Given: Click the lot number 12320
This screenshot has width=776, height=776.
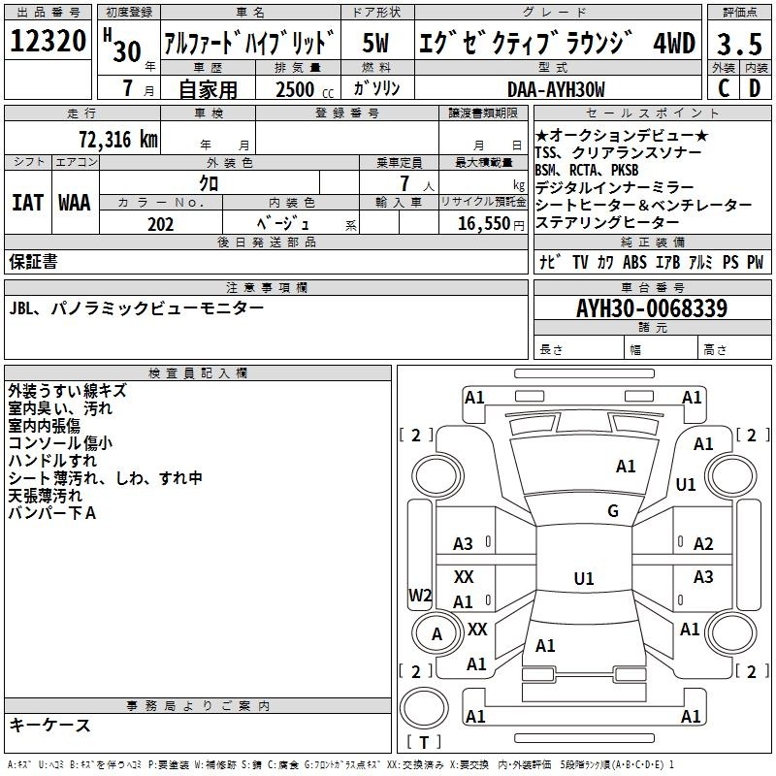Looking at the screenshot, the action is pos(48,41).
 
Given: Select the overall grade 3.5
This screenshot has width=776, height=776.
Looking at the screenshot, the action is pos(739,44).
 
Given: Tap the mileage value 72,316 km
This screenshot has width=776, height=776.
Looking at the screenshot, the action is pos(118,140).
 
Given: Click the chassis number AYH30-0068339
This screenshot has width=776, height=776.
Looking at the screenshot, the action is pos(652,308).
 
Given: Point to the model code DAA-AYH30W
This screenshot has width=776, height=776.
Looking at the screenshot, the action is pos(556,89).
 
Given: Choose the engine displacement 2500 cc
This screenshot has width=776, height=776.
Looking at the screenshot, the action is pos(305,89).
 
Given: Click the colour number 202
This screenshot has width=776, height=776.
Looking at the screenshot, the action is pos(160,224).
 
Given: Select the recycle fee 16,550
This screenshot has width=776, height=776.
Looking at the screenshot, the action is pos(484,224).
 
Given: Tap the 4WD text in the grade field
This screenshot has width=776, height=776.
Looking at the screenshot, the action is pos(674,43).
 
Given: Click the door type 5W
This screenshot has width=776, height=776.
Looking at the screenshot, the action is pos(375,43).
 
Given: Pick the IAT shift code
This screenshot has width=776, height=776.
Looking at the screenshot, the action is pos(28,203).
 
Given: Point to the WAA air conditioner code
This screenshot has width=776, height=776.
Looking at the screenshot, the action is pos(75,203).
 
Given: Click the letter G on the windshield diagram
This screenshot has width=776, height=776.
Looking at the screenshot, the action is pos(613,511).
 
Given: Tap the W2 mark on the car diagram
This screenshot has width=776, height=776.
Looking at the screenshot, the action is pos(420,595).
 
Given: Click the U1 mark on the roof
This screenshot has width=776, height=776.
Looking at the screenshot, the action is pos(584,578).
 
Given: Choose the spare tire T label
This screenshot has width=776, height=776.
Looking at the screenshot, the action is pos(424,742).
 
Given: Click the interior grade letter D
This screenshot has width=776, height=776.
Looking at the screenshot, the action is pos(755,88).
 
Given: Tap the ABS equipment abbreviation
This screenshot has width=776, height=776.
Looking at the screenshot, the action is pos(634,262).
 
